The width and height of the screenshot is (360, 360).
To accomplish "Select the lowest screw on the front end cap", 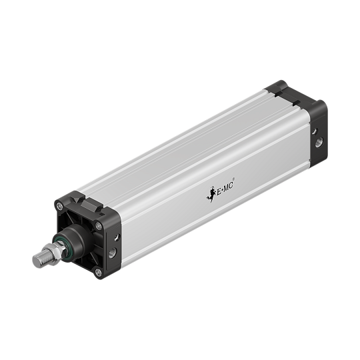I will [x=99, y=272].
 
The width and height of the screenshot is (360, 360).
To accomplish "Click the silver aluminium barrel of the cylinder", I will [x=193, y=160].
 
